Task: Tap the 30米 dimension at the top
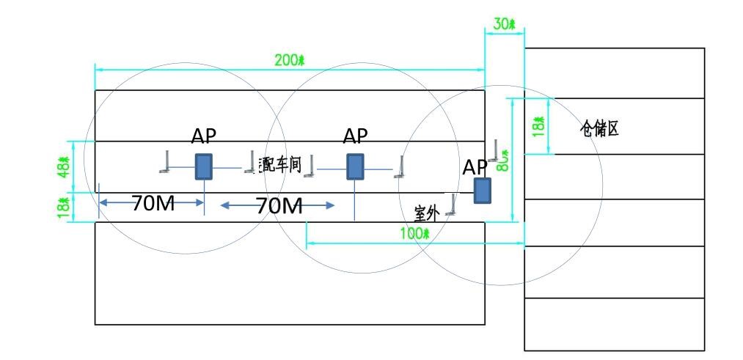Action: [x=505, y=24]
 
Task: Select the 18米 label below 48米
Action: [x=65, y=207]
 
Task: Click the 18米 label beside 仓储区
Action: [x=540, y=125]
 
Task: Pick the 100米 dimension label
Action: [x=414, y=234]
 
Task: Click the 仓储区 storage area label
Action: [x=600, y=130]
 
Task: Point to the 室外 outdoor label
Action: [x=426, y=214]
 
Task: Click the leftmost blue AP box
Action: [x=203, y=166]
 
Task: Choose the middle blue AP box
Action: [x=355, y=166]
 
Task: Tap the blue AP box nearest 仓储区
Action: [x=482, y=190]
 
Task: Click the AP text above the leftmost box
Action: [x=204, y=136]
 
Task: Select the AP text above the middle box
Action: [x=356, y=136]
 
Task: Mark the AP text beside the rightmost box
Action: [x=475, y=167]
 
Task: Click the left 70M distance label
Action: [x=153, y=204]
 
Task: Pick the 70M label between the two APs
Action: [x=279, y=206]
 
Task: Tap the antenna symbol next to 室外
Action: [x=453, y=205]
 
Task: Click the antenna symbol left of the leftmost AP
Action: [x=166, y=162]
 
